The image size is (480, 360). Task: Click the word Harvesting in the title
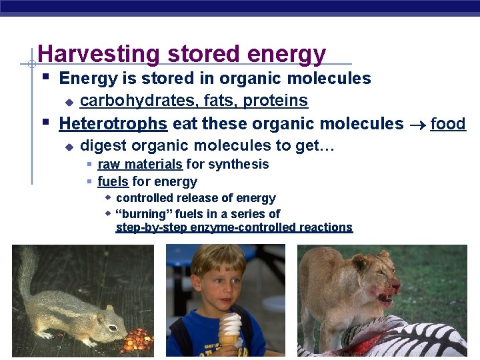[99, 54]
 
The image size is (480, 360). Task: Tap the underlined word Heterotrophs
[113, 123]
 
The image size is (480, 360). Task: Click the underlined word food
[447, 123]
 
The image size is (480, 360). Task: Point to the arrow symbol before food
[417, 124]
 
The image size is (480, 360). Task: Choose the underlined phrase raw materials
[139, 164]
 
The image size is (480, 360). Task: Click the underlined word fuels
[113, 181]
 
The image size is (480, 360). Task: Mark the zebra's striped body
[400, 340]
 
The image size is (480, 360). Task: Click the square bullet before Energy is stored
[45, 78]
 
